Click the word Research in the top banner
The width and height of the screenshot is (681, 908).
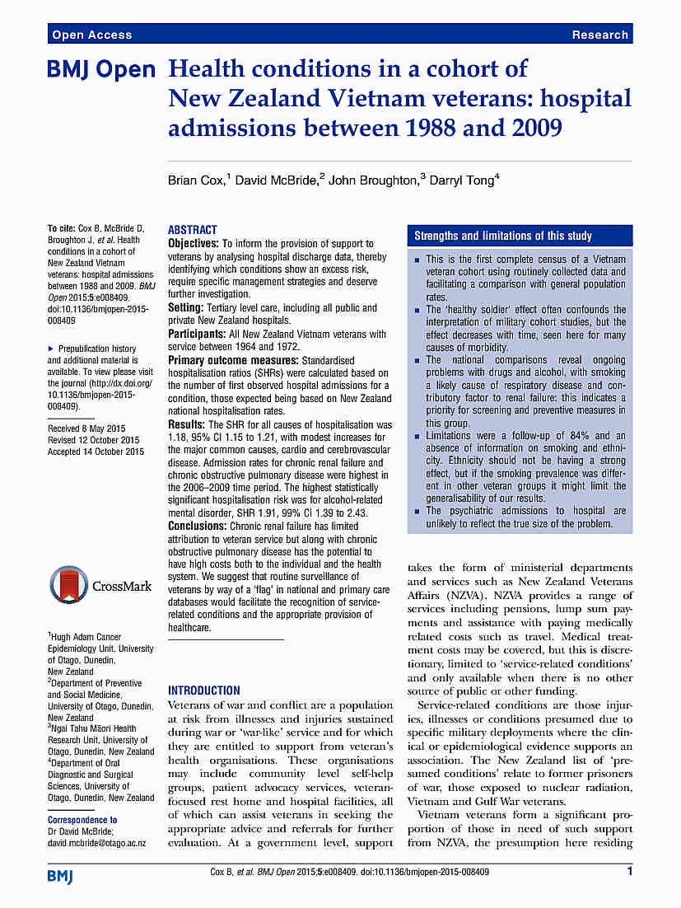tap(600, 35)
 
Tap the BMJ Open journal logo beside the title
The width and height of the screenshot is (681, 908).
tap(100, 70)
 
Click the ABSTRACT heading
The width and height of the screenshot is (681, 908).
tap(193, 230)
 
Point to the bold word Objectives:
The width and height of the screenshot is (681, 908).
tap(194, 244)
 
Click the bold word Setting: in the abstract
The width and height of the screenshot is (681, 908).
tap(187, 308)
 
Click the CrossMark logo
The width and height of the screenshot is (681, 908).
tap(101, 586)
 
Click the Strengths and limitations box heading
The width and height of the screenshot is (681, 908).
tap(502, 236)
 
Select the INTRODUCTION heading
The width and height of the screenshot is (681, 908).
tap(204, 690)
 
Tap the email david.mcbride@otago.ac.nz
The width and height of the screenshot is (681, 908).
tap(96, 843)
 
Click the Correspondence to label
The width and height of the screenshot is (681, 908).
tap(82, 820)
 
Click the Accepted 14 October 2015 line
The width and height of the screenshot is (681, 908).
tap(96, 452)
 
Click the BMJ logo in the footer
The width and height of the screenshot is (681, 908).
tap(60, 875)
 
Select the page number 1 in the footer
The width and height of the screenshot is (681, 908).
tap(630, 871)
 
